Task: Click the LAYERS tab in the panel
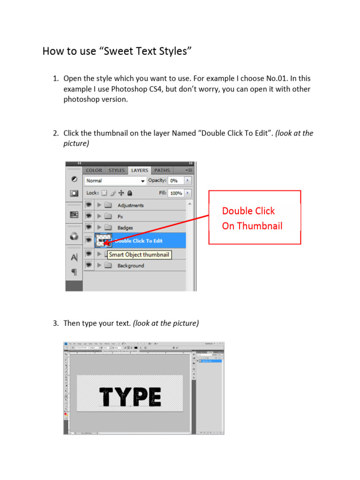point(139,171)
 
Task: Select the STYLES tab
point(117,171)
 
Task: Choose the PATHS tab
point(162,171)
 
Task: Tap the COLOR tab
point(94,171)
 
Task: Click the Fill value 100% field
point(176,193)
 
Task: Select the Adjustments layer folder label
point(130,205)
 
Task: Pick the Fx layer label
point(120,217)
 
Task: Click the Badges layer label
point(125,228)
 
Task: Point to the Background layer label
point(131,266)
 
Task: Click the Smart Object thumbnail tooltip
point(139,255)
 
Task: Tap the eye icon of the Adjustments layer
point(88,205)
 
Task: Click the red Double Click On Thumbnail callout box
point(255,217)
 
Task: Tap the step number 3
point(55,323)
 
